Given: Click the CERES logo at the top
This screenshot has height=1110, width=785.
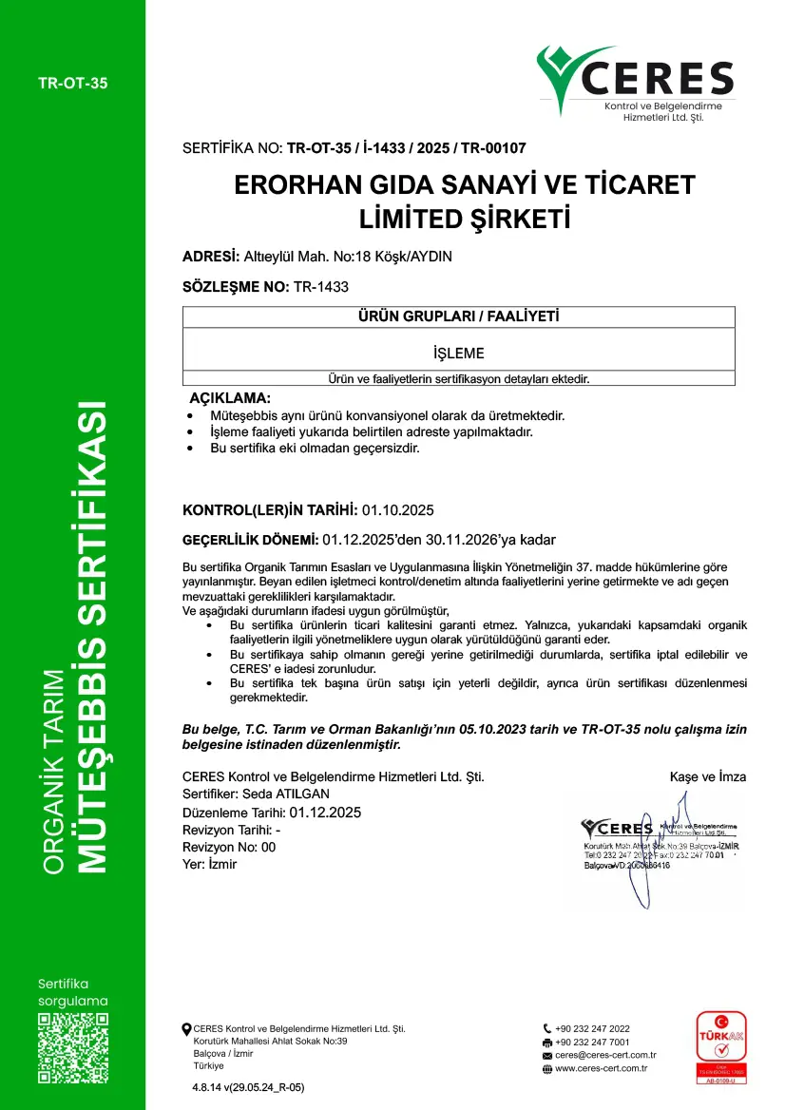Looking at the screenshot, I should coord(635,84).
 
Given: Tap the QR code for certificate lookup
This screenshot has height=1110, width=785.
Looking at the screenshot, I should coord(72,1048).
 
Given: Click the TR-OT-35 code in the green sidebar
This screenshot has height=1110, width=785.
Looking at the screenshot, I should coord(73,83).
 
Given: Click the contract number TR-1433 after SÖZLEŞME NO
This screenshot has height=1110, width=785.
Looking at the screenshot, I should coord(321,286).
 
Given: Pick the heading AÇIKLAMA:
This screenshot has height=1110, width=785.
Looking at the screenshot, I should coord(230,397).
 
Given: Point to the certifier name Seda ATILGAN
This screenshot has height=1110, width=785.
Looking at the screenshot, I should coord(284,794).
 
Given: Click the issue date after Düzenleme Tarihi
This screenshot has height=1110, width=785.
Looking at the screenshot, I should coord(325,813).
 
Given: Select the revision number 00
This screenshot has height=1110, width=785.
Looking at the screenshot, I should coord(268,847).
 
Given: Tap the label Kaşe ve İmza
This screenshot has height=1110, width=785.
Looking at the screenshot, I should coord(708,777).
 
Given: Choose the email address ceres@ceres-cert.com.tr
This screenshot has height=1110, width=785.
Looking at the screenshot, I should coord(605,1055).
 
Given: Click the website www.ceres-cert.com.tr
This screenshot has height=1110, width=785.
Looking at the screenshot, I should coord(601,1068).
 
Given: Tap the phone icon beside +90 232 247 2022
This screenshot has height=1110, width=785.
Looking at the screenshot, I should coord(547,1028).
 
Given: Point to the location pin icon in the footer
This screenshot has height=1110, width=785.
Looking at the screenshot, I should coord(186,1028).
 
